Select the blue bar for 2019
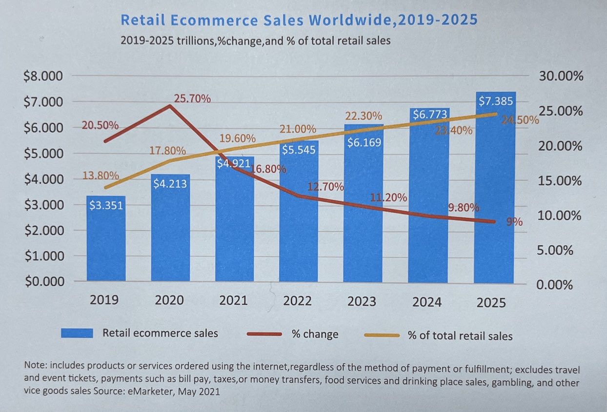(106, 239)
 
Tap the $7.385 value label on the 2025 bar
(495, 101)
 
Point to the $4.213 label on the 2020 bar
(170, 184)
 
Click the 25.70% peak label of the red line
(192, 99)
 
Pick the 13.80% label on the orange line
(100, 175)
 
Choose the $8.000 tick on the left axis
(43, 77)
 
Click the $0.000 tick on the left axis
(43, 281)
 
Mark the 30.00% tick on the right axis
(561, 77)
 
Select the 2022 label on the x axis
(297, 300)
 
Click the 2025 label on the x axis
(491, 302)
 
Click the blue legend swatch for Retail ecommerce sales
(77, 333)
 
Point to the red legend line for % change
(264, 334)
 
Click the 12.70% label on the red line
(326, 187)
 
